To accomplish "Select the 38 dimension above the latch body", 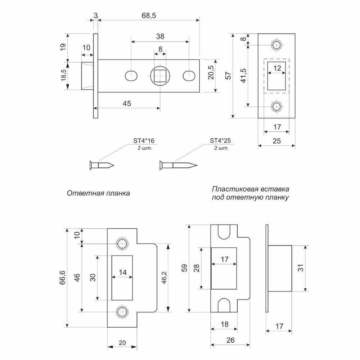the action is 160,36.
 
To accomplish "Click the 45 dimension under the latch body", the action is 127,103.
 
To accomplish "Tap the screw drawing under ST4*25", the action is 178,166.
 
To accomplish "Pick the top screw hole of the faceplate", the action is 276,45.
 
